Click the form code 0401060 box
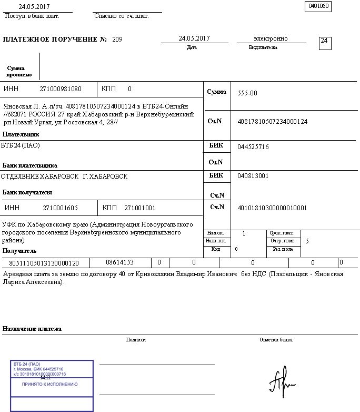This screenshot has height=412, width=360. pyautogui.click(x=318, y=6)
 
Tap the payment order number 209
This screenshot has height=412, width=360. pyautogui.click(x=117, y=40)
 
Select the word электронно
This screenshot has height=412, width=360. pyautogui.click(x=271, y=38)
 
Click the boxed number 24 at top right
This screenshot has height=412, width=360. pyautogui.click(x=325, y=42)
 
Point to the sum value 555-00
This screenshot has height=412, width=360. pyautogui.click(x=247, y=93)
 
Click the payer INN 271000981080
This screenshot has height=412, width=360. pyautogui.click(x=61, y=89)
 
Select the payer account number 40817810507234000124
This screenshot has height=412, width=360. pyautogui.click(x=272, y=122)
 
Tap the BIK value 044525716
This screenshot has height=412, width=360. pyautogui.click(x=253, y=147)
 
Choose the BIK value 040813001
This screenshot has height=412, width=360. pyautogui.click(x=253, y=176)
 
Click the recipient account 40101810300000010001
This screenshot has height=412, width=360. pyautogui.click(x=272, y=208)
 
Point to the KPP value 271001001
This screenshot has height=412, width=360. pyautogui.click(x=140, y=208)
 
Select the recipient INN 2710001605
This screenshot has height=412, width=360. pyautogui.click(x=61, y=208)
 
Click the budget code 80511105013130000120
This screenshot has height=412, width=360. pyautogui.click(x=44, y=262)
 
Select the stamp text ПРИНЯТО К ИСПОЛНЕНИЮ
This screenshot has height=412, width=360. pyautogui.click(x=49, y=385)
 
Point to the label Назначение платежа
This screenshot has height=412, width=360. pyautogui.click(x=32, y=329)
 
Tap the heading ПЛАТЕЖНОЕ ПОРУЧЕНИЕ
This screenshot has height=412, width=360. pyautogui.click(x=51, y=40)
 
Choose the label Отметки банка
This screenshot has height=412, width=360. pyautogui.click(x=276, y=340)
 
